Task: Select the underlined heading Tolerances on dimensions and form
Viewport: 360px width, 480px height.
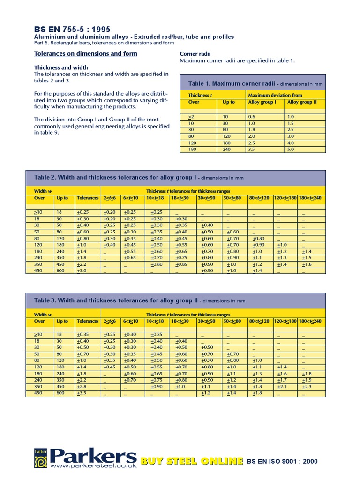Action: point(86,54)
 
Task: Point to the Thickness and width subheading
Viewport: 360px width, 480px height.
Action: point(61,67)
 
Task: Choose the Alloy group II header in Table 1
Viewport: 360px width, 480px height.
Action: point(302,102)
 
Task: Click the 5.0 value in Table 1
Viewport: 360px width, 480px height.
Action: point(291,149)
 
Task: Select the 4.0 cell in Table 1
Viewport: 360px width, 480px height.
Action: point(291,142)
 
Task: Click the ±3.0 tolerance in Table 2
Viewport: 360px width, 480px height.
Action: point(82,271)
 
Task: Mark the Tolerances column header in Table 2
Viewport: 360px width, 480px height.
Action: point(88,198)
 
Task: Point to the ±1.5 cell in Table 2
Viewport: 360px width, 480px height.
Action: point(307,258)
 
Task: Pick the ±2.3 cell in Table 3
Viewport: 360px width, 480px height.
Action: point(307,387)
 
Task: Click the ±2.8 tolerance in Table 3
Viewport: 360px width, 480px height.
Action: point(82,387)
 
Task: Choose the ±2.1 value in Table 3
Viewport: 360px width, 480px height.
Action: point(282,387)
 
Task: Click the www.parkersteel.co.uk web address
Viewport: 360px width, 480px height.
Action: point(93,466)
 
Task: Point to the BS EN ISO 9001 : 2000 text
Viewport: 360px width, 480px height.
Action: point(282,461)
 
